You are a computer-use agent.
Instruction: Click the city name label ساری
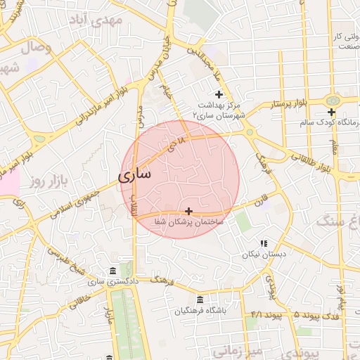134,175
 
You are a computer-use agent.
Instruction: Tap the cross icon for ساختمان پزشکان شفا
188,211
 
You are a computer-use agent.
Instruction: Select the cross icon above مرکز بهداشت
219,94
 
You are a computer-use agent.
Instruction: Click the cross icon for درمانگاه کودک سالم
331,112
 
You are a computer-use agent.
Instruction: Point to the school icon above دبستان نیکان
264,243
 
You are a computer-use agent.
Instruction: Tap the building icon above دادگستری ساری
112,271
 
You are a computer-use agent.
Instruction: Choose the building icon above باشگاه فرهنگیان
200,300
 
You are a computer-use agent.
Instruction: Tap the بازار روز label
47,182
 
